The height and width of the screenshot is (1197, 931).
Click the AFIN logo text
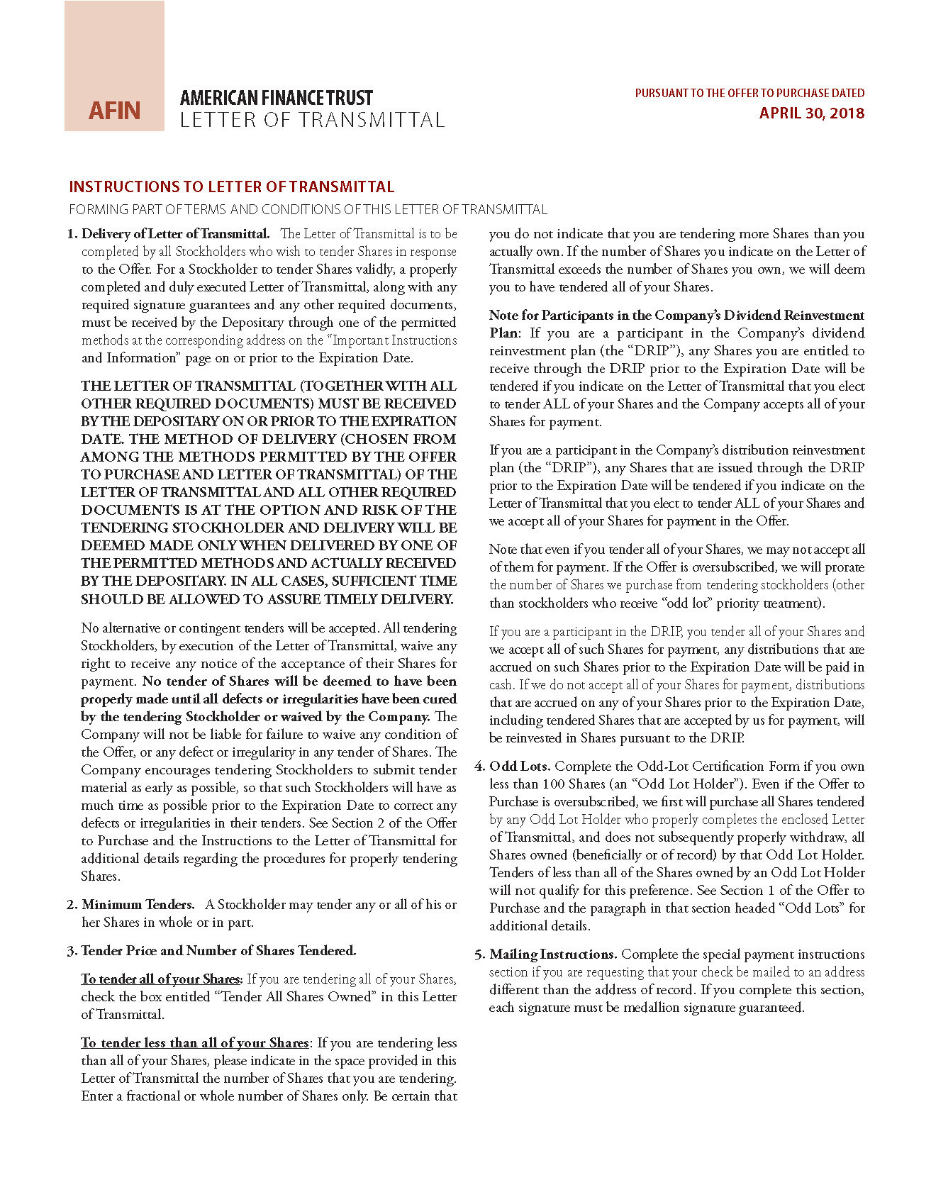[114, 111]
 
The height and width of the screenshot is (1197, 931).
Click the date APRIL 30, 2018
[811, 113]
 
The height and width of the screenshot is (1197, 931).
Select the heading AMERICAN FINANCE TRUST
[276, 98]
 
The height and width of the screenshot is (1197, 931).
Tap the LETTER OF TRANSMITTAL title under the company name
[312, 121]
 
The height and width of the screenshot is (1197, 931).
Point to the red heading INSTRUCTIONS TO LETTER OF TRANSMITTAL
[231, 187]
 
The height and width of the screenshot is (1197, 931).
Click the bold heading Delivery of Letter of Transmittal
[175, 234]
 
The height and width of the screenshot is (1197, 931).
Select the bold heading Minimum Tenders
[138, 905]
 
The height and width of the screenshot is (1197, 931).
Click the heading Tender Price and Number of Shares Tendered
[218, 951]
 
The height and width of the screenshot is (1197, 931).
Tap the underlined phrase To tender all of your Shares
[160, 979]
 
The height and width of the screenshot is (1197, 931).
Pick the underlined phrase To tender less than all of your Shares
[194, 1043]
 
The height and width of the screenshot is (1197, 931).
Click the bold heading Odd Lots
[520, 767]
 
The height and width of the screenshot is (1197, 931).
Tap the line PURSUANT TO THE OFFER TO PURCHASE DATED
[749, 94]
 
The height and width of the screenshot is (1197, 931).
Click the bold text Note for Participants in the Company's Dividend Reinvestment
[676, 316]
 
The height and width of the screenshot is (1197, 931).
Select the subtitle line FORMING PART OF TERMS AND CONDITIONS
[308, 210]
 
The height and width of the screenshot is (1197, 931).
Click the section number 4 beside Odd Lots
[479, 767]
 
